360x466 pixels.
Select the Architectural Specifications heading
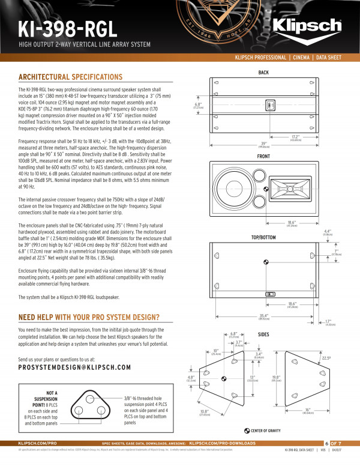(70, 77)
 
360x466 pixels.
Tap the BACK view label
(263, 73)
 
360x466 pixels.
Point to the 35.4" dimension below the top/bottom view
(263, 315)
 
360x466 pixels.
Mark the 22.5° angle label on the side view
(343, 359)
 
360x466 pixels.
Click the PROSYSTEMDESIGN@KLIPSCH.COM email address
(75, 366)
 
